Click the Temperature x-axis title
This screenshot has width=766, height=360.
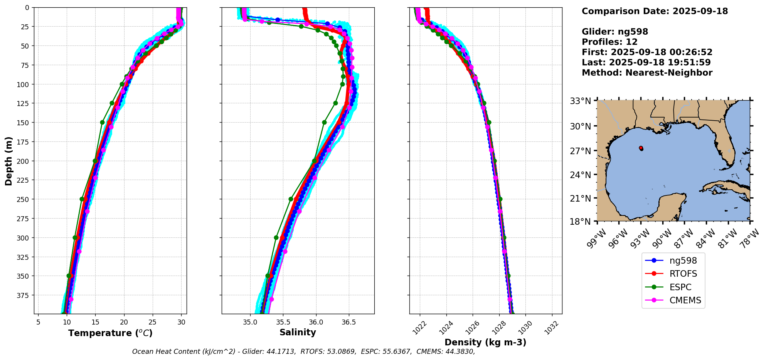click(x=110, y=333)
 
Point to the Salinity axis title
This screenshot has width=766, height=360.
click(x=298, y=332)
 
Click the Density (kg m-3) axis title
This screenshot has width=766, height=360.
click(x=485, y=342)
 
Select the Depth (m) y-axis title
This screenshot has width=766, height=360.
click(x=8, y=161)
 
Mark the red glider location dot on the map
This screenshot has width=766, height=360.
click(x=641, y=148)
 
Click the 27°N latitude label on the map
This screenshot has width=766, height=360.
click(x=580, y=151)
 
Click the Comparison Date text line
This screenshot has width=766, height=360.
click(x=655, y=11)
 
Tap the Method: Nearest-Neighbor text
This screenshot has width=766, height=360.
click(x=647, y=72)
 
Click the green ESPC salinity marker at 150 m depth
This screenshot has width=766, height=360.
click(x=324, y=123)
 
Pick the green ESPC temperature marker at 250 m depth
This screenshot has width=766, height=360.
click(x=82, y=199)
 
